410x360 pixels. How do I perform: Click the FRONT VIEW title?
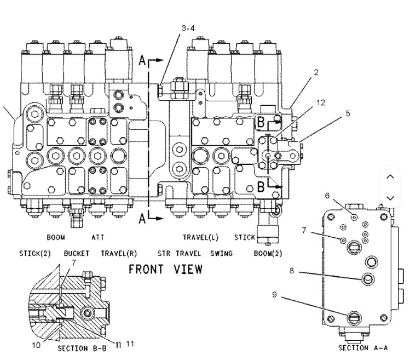165,269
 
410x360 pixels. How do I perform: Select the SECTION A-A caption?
363,348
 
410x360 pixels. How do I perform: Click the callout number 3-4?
188,28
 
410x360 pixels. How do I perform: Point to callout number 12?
321,102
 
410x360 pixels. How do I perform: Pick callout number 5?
348,113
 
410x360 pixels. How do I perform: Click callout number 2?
316,72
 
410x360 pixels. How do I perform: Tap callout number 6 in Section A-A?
327,196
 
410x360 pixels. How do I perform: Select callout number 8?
292,271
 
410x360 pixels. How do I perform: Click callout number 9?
274,295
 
